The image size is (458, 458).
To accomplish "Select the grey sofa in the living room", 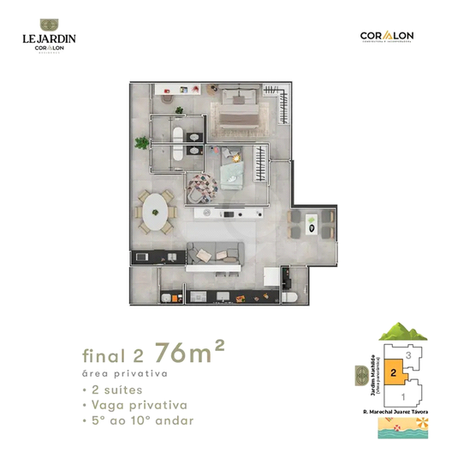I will (x=214, y=253).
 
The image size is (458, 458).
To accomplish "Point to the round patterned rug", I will (x=203, y=182).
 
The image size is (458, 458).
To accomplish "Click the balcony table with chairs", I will (x=312, y=224).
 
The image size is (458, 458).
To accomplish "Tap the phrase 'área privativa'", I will (x=118, y=374).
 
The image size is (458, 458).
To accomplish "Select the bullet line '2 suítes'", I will (x=120, y=390).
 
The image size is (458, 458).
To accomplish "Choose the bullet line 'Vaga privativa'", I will (x=138, y=405).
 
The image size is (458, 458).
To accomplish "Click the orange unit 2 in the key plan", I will (x=393, y=372).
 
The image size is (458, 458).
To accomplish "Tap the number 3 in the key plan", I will (x=409, y=354).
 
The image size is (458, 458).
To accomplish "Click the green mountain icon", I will (x=396, y=331).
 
